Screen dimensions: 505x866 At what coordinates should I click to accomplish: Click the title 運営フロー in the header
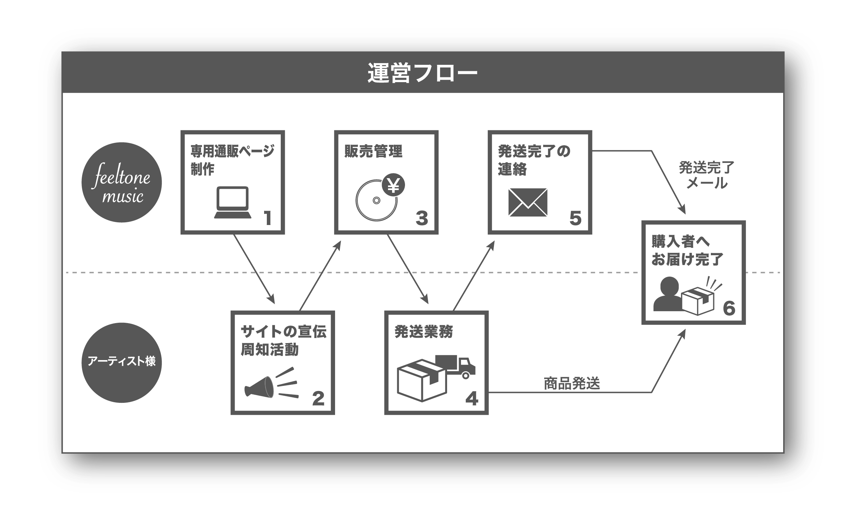(422, 73)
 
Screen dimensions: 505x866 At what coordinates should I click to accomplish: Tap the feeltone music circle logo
(122, 183)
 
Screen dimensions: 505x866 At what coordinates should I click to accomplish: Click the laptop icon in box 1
(233, 203)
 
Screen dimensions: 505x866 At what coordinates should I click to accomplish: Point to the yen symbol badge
(393, 185)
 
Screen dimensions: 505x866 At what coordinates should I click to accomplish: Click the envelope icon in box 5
(528, 202)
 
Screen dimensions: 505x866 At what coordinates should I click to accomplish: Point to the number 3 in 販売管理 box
(422, 218)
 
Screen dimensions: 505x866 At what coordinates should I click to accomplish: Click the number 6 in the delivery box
(729, 308)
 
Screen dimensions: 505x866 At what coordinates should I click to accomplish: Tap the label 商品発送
(571, 384)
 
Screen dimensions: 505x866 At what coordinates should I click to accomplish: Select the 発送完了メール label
(706, 175)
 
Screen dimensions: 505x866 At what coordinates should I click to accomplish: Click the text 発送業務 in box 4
(423, 332)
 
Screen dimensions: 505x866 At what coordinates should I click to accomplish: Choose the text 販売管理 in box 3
(373, 151)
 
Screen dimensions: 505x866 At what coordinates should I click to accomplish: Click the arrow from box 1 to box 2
(254, 269)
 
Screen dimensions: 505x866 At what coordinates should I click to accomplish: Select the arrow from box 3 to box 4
(408, 269)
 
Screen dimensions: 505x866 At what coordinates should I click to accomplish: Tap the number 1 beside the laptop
(268, 218)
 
